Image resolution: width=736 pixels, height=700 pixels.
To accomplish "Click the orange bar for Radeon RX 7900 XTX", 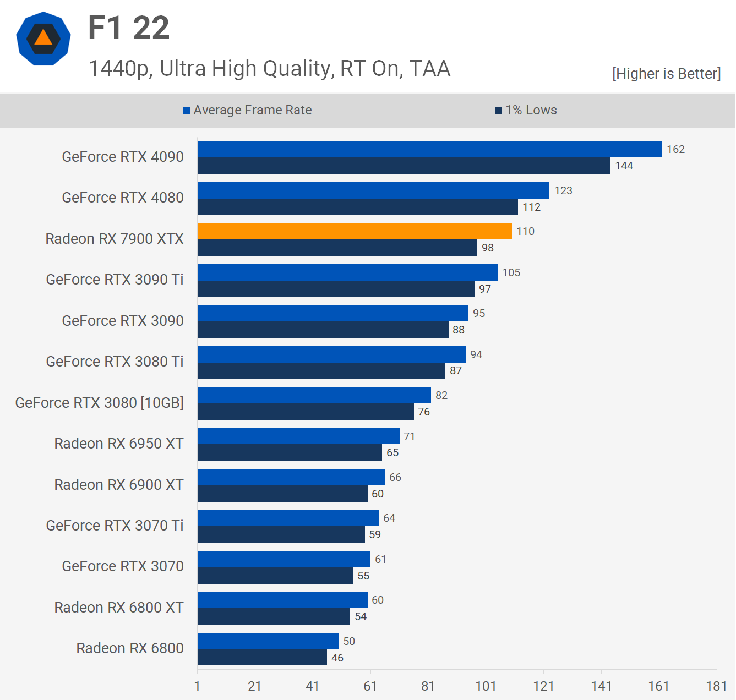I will tap(355, 231).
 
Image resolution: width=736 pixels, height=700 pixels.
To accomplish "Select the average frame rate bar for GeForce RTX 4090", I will tap(429, 149).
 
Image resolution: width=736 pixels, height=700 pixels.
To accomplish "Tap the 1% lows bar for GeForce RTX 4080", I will tap(358, 207).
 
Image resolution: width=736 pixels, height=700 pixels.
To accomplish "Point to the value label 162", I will tap(675, 149).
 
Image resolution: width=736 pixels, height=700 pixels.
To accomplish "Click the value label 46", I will tap(337, 658).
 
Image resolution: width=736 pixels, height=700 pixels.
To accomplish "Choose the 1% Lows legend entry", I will tap(526, 110).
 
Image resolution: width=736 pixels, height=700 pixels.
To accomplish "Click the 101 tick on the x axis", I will tap(486, 686).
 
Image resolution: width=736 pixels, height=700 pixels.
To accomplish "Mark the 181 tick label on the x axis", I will tap(716, 686).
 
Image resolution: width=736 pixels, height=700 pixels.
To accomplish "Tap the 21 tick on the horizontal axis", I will tap(255, 686).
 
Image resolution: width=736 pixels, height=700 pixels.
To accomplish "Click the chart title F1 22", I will tap(129, 28).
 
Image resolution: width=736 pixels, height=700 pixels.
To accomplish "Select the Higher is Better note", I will tap(666, 74).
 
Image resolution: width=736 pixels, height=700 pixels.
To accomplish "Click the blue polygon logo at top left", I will tap(43, 39).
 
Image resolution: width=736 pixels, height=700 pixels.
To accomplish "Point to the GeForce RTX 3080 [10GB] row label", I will tap(100, 403).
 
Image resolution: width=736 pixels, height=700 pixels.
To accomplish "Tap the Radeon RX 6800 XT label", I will tap(119, 608).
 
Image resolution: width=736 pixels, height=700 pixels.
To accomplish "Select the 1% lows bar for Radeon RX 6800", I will tap(262, 658).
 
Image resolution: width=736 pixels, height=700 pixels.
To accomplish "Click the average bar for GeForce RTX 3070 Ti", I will tap(288, 518).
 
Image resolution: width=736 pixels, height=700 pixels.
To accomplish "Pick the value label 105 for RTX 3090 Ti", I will tap(511, 272).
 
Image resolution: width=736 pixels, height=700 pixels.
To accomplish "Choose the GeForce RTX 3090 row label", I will tap(123, 321).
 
